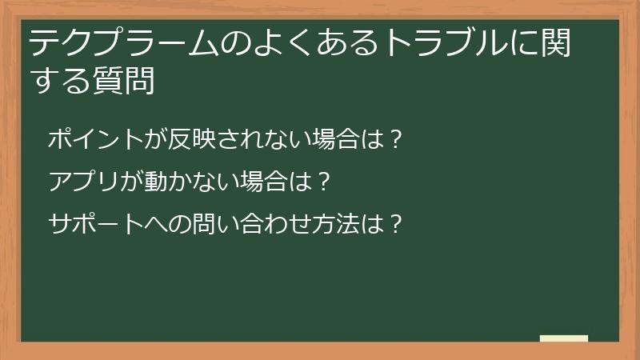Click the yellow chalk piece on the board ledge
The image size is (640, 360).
[564, 338]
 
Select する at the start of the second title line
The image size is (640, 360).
[61, 82]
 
